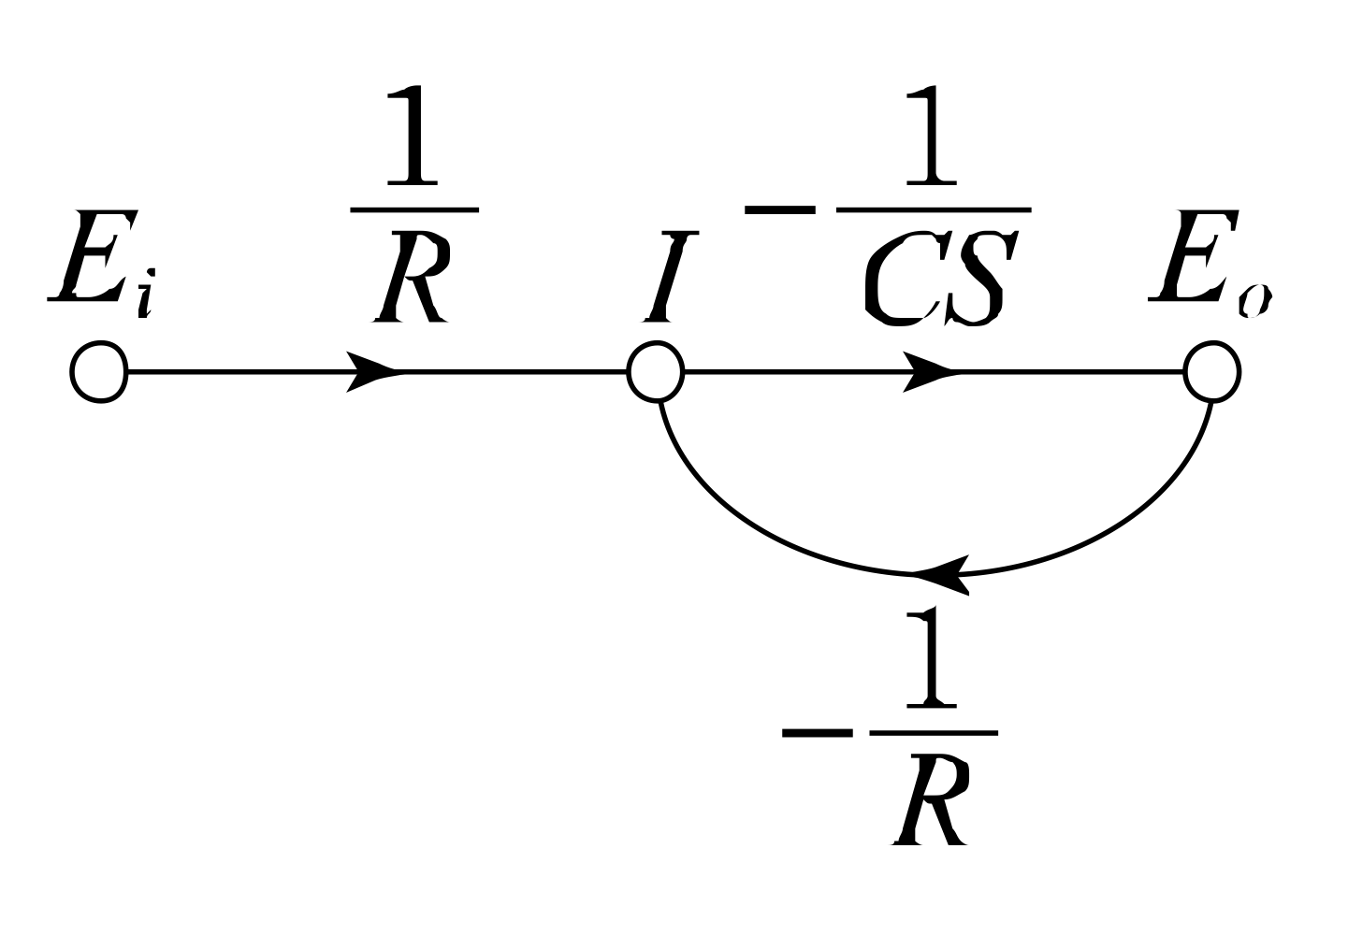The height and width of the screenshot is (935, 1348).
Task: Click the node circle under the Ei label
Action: pos(97,373)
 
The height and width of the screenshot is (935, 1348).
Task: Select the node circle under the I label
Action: pos(656,373)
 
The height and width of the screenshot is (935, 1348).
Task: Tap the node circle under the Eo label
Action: pos(1212,373)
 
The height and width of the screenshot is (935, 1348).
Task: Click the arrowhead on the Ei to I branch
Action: pos(374,373)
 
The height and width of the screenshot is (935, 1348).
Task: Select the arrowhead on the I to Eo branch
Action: pos(931,373)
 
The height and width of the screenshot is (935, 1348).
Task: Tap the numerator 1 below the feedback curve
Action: pos(931,659)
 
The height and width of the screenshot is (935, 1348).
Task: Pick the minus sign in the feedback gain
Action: pos(816,732)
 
